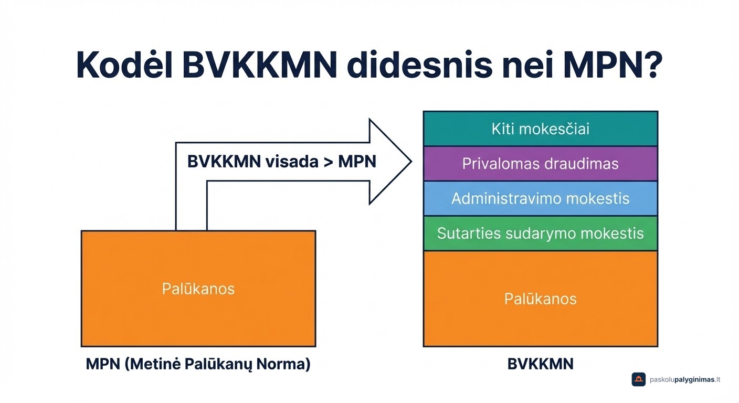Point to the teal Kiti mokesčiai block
point(540,129)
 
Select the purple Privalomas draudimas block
point(540,164)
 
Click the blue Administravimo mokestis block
point(540,198)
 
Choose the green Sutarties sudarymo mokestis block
point(540,233)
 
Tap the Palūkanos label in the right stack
point(540,299)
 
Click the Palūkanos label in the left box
point(198,289)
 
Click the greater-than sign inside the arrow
point(328,162)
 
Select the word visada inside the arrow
point(291,162)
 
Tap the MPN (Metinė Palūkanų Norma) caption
point(198,364)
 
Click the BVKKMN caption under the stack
point(540,364)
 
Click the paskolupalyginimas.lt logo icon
point(638,379)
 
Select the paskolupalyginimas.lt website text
point(685,379)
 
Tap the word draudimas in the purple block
point(582,164)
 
